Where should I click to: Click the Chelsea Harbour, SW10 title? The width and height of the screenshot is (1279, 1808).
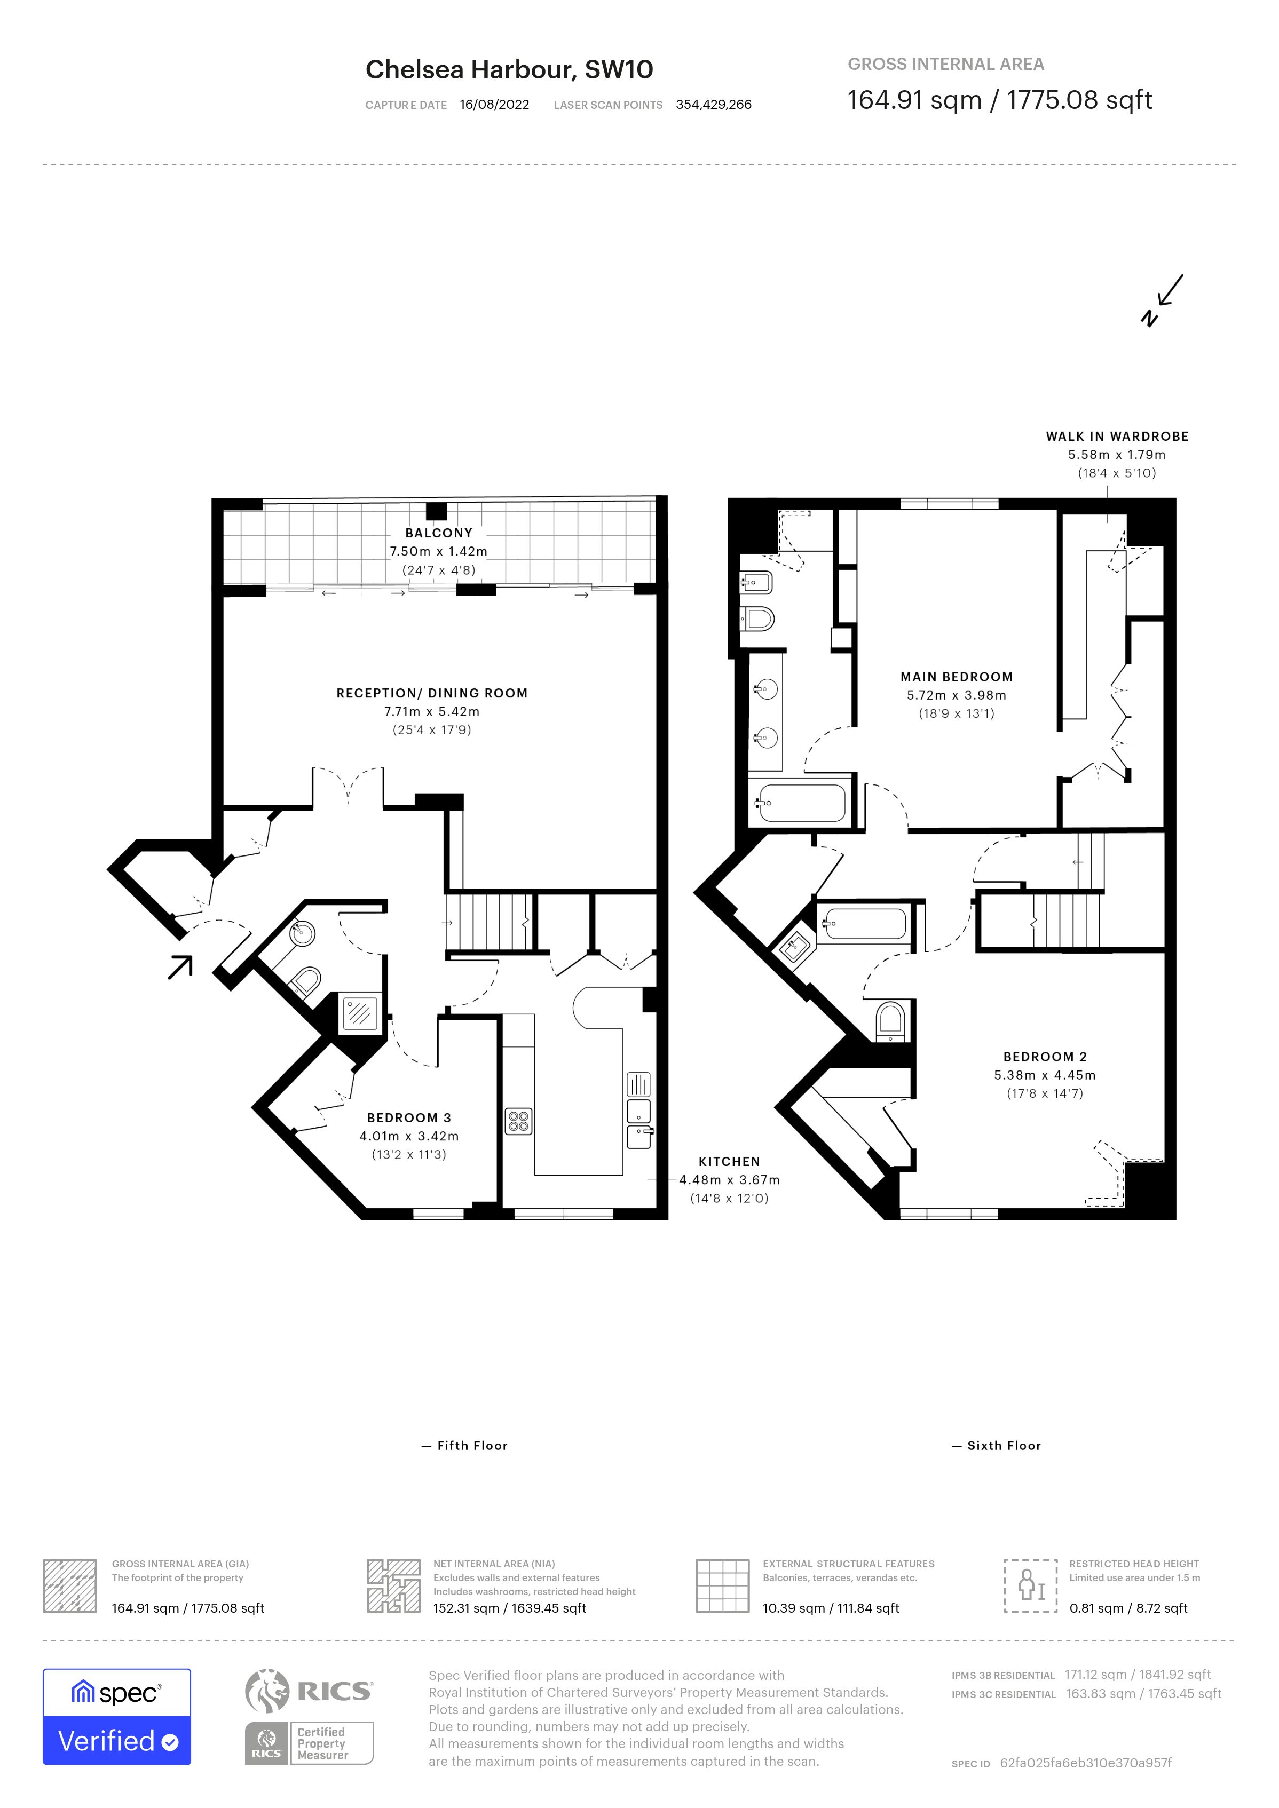(509, 69)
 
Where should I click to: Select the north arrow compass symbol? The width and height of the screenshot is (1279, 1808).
(1163, 300)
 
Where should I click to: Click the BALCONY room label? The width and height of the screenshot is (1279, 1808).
(439, 533)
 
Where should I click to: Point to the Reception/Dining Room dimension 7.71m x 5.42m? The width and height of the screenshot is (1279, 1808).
(432, 711)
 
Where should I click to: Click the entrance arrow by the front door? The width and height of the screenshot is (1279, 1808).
(180, 967)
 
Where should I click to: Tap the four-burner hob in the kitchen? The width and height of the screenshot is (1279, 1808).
(518, 1121)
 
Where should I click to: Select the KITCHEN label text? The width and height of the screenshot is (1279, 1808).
(729, 1162)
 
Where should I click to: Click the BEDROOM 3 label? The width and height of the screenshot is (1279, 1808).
(409, 1117)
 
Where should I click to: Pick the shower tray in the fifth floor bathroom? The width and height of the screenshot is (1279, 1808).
(360, 1013)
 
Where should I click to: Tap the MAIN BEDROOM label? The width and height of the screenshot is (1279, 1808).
(956, 677)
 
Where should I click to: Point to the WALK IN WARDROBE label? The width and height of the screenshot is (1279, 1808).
(1117, 436)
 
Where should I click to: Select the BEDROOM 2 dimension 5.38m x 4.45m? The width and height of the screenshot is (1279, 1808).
(1044, 1075)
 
